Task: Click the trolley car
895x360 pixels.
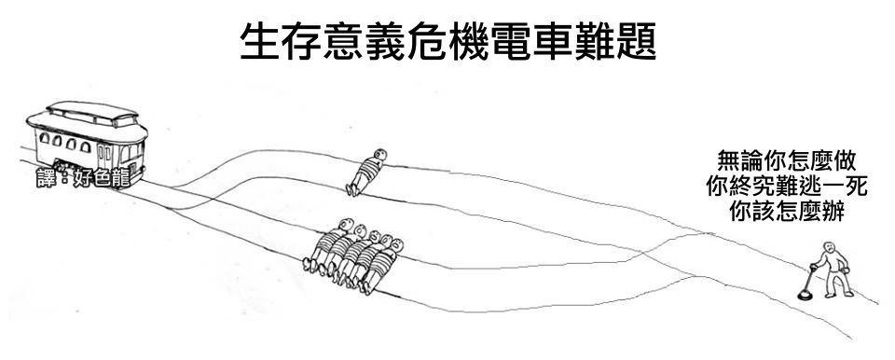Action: (88, 145)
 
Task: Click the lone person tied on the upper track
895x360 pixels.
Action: (365, 172)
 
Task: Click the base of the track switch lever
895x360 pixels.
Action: (805, 296)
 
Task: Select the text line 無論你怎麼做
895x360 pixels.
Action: (787, 161)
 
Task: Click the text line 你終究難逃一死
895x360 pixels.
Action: (787, 187)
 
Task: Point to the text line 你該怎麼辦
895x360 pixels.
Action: (787, 212)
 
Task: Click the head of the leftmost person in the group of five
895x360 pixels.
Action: (346, 224)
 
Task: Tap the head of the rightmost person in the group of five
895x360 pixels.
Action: (397, 245)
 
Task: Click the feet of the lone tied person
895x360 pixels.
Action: (351, 189)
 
